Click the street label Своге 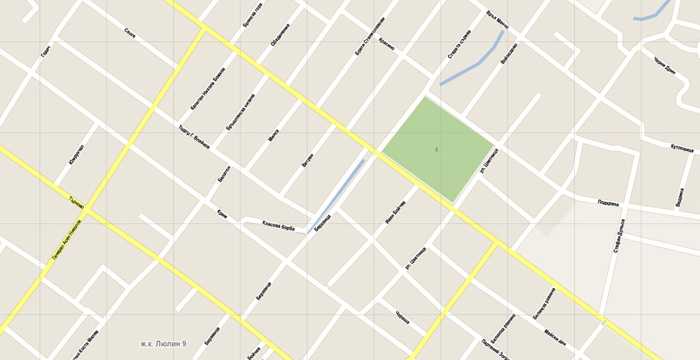coord(130,32)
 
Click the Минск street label coord(273,134)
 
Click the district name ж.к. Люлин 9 coord(163,344)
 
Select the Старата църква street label coord(458,43)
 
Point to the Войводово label coord(510,55)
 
